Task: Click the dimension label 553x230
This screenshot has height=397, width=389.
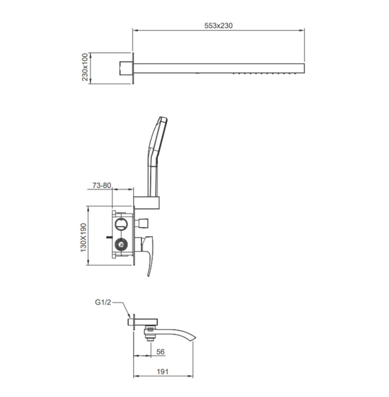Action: point(218,25)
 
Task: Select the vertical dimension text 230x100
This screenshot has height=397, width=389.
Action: point(84,67)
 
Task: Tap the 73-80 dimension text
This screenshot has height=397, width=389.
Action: point(102,185)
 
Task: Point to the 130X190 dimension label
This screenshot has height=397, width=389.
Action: point(84,237)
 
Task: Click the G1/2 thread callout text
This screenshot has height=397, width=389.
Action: point(103,302)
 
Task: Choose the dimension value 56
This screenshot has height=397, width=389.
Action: point(160,352)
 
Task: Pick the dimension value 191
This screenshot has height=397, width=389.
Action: point(162,372)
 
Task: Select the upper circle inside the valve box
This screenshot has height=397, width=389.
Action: point(121,224)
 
